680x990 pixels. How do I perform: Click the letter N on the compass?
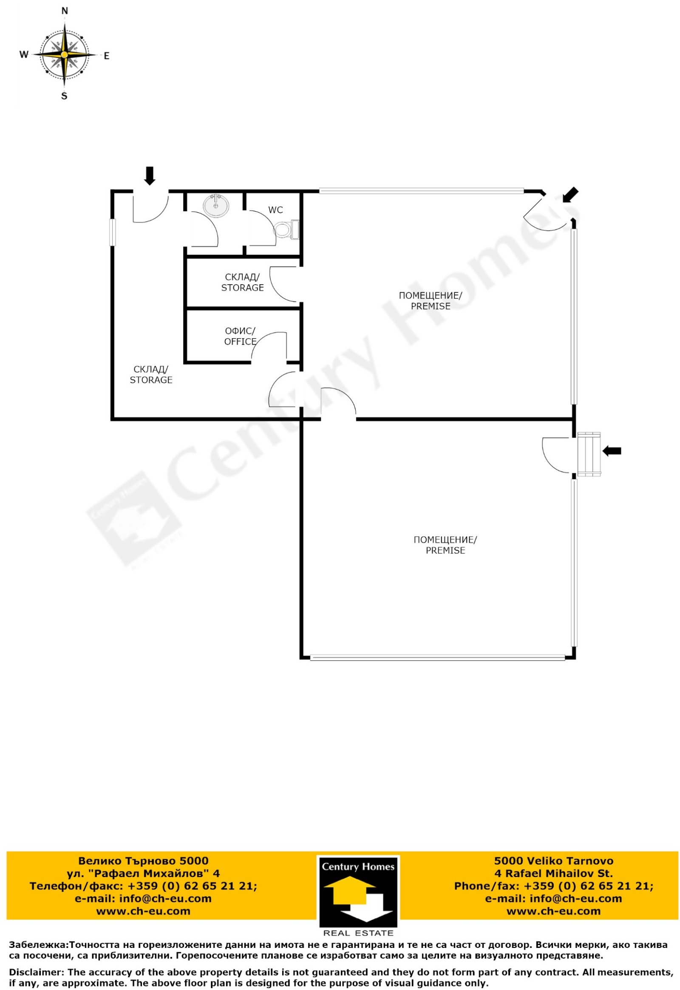[65, 11]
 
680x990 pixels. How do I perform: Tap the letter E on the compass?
[107, 56]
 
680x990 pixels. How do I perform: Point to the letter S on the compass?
[64, 96]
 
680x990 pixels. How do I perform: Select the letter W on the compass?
[24, 54]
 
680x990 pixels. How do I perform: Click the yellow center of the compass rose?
[64, 55]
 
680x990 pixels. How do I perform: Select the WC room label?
[276, 210]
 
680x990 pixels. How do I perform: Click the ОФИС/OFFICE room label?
[240, 337]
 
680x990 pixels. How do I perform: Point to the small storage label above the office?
[242, 283]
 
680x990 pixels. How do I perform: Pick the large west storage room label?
[151, 375]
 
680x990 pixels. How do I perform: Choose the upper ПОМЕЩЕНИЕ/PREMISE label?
[431, 301]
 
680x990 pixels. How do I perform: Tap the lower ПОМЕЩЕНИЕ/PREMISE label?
[445, 545]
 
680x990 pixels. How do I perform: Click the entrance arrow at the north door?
[150, 175]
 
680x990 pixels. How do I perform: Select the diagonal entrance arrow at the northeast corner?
[570, 195]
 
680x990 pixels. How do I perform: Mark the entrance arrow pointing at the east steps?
[612, 451]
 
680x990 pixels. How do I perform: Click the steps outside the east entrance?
[589, 454]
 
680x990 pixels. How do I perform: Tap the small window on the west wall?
[113, 232]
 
